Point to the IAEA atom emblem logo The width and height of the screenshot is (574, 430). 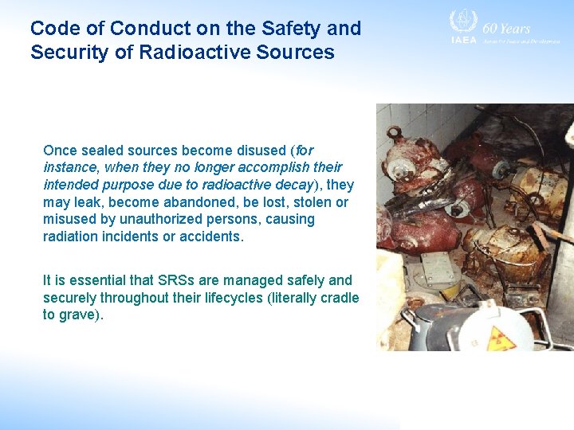click(x=463, y=21)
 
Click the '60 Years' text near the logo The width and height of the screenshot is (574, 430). click(x=506, y=28)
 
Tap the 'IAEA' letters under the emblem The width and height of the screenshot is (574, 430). click(x=463, y=40)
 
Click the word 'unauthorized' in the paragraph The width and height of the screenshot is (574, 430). click(x=137, y=219)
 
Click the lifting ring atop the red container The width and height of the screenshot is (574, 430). click(x=393, y=133)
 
